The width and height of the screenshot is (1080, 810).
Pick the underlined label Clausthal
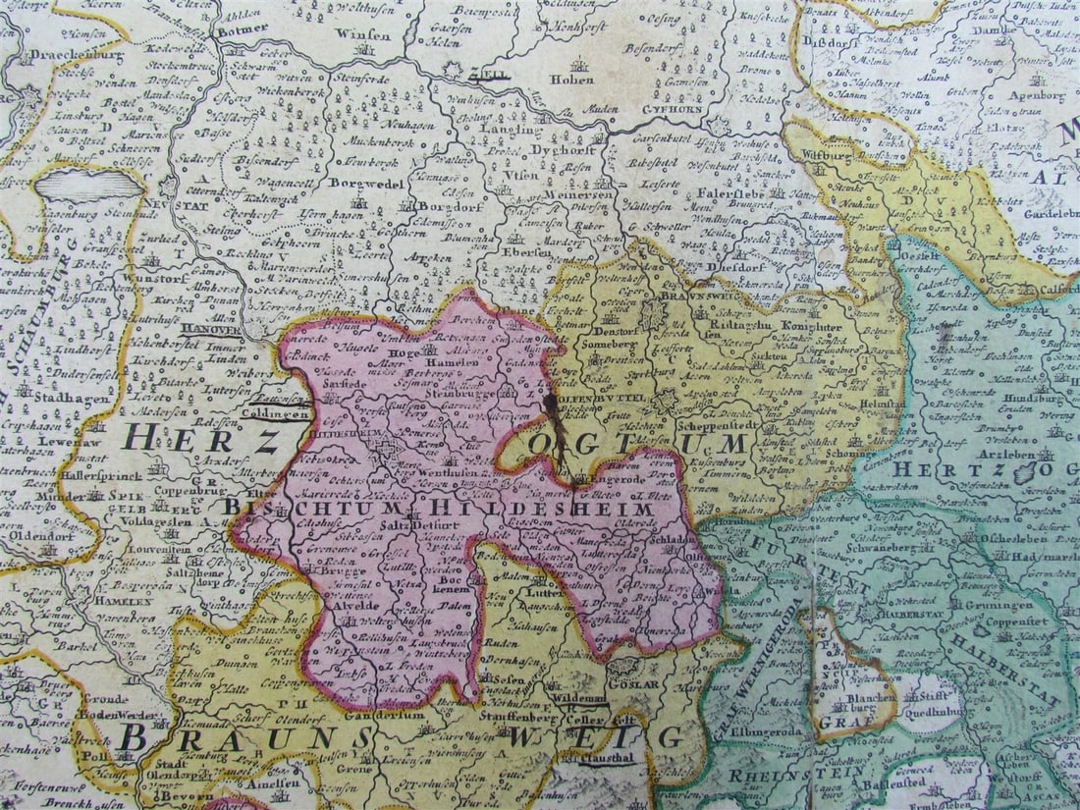click(611, 759)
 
